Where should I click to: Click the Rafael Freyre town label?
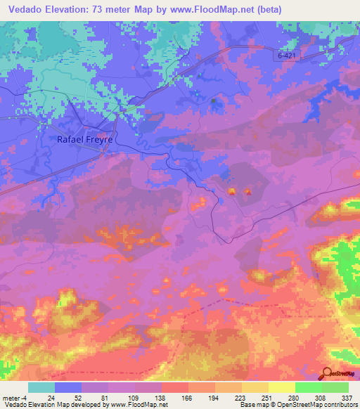point(84,140)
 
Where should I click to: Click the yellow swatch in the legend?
point(281,387)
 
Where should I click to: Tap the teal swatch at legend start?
point(41,387)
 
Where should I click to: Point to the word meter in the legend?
point(13,397)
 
